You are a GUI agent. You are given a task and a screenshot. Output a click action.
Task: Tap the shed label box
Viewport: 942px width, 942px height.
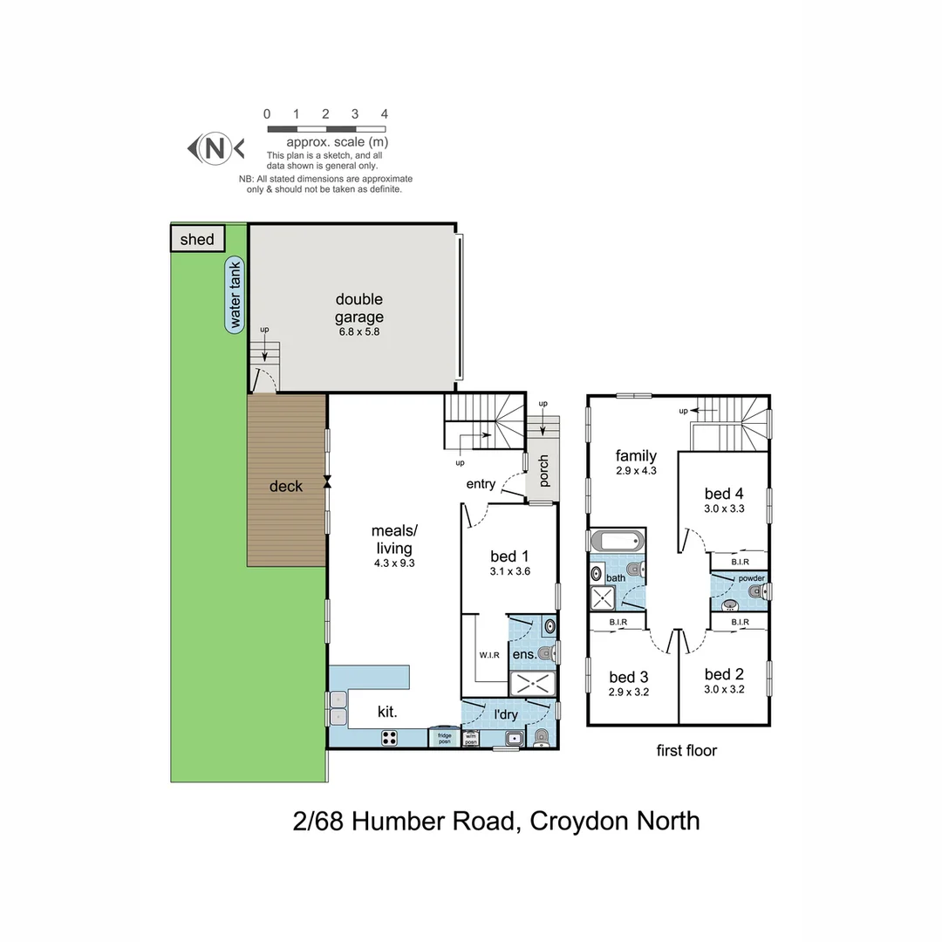coord(197,239)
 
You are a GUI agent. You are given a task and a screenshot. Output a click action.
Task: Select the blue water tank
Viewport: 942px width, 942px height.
coord(234,295)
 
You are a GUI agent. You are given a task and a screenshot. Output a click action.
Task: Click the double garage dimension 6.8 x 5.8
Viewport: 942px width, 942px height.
coord(359,332)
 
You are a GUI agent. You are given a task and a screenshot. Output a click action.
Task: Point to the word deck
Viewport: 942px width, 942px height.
coord(285,486)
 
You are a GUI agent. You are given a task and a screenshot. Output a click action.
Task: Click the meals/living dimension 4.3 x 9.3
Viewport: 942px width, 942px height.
coord(394,563)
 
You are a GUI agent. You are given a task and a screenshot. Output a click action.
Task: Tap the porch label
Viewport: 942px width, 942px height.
coord(543,471)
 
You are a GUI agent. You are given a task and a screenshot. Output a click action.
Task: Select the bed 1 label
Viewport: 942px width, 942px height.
coord(510,556)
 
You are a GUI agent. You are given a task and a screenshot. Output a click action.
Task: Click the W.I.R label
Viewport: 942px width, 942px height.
coord(488,655)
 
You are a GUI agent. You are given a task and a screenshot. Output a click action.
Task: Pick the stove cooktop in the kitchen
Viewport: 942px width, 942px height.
coord(390,738)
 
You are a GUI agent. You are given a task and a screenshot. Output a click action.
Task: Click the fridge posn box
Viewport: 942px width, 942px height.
coord(444,739)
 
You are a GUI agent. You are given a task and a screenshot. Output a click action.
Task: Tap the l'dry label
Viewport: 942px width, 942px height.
coord(506,715)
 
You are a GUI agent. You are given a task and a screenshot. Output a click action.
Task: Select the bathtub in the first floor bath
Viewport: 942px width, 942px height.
coord(617,541)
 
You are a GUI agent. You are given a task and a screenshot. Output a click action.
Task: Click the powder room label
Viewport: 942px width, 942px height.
coord(751,578)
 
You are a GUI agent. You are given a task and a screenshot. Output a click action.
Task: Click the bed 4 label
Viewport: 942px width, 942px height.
coord(724,495)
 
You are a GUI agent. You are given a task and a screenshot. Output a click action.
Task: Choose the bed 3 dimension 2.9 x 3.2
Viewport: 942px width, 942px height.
coord(628,692)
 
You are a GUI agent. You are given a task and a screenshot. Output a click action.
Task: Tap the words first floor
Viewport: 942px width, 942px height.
coord(686,750)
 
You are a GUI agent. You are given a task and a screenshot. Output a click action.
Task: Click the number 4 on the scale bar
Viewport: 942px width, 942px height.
coord(384,114)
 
